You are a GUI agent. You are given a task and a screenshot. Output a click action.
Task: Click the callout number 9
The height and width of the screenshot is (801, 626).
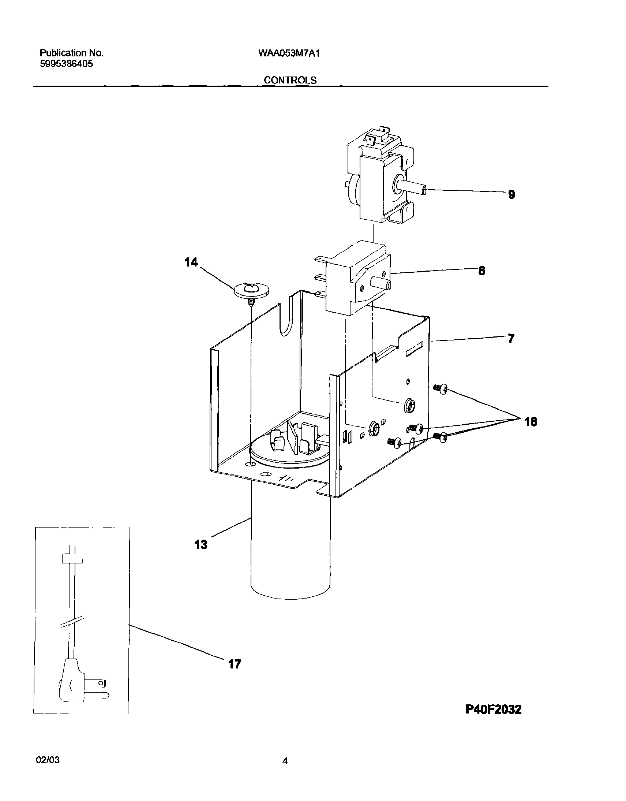pos(511,194)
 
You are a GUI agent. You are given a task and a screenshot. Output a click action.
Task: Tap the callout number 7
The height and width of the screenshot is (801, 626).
pos(511,338)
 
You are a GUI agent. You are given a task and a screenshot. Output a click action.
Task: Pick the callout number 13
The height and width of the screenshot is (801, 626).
pos(200,545)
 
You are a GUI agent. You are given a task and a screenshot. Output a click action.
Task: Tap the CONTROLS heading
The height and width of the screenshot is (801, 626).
pos(290,80)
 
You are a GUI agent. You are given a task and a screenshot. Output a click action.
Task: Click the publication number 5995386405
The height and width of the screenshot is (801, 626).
pos(66,64)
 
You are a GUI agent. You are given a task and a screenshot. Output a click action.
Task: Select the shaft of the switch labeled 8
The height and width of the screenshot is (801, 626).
pos(381,284)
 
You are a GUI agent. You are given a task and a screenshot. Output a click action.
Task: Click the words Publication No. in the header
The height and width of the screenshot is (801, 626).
pos(71,53)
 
